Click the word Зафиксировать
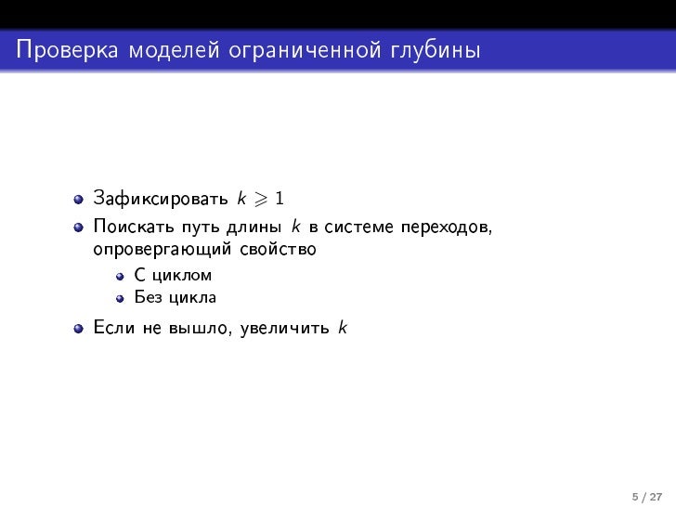pyautogui.click(x=161, y=200)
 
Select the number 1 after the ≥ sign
pyautogui.click(x=280, y=199)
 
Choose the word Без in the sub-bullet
pyautogui.click(x=147, y=298)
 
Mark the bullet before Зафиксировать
pyautogui.click(x=80, y=200)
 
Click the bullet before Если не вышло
pyautogui.click(x=80, y=328)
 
